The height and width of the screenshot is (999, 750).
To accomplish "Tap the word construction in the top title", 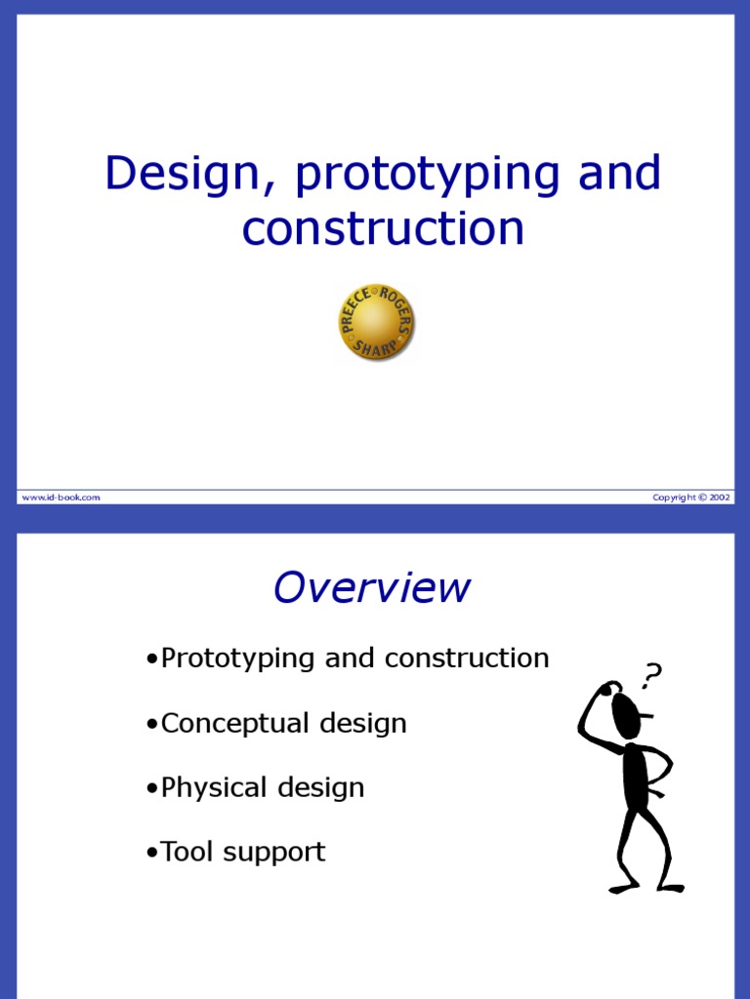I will (x=383, y=228).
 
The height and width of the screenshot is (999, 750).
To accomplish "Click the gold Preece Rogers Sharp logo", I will (x=376, y=322).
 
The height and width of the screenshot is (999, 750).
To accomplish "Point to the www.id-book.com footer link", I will (x=61, y=498).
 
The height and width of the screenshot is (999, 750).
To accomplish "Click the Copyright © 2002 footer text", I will (x=690, y=498).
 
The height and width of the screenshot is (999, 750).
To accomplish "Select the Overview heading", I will (x=371, y=588).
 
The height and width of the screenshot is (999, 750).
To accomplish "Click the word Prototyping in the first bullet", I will (x=238, y=659).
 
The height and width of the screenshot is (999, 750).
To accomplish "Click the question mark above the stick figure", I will (x=651, y=674).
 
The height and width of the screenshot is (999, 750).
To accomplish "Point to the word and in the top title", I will (x=619, y=175).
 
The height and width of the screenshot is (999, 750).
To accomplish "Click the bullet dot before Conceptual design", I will (x=151, y=725).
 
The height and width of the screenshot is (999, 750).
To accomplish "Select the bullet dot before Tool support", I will (x=151, y=854).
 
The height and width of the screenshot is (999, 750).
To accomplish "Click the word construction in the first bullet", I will (x=467, y=659).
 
